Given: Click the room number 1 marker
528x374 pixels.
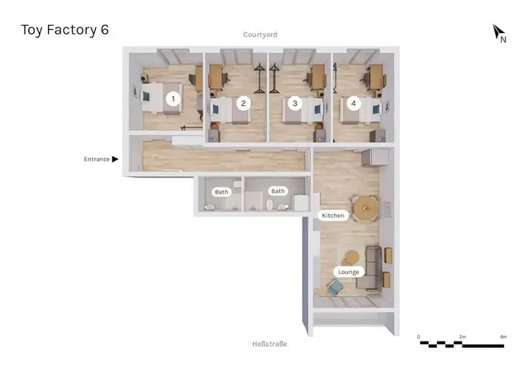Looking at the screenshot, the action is (x=173, y=98).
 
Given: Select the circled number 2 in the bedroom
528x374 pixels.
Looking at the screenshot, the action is (x=244, y=103).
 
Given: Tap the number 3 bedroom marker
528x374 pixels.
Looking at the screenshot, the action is (x=295, y=103).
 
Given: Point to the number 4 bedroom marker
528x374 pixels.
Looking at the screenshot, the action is (x=353, y=103).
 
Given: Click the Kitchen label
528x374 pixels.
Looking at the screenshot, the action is (x=333, y=215).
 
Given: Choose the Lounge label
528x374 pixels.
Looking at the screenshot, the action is (x=349, y=272).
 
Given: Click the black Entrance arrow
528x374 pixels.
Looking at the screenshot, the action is (x=115, y=159).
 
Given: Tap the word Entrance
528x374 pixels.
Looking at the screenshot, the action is (x=97, y=159).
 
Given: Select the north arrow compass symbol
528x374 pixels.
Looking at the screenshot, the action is (x=497, y=32).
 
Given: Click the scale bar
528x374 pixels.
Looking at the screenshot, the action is (x=462, y=344).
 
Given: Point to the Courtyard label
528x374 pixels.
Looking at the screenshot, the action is (x=260, y=35).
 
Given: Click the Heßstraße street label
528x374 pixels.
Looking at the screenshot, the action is (x=269, y=344).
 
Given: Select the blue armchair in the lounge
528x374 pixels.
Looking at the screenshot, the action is (x=335, y=288).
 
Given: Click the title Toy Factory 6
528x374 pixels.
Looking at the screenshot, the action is (x=64, y=30).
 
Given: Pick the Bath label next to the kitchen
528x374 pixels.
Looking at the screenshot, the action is (x=278, y=191).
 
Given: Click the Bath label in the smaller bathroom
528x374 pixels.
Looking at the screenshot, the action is (x=221, y=192).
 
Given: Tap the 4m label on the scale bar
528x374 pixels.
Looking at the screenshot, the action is (x=503, y=337).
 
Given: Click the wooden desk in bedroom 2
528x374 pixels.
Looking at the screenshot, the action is (x=216, y=77).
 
